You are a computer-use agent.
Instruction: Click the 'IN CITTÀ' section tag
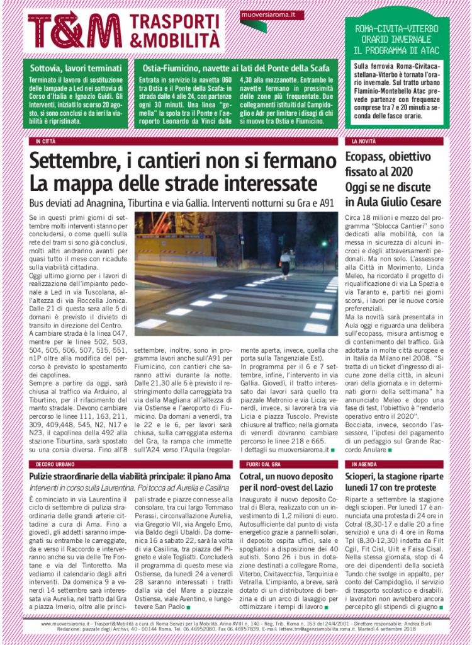click(x=46, y=141)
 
